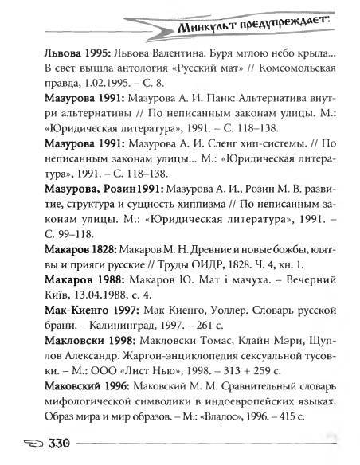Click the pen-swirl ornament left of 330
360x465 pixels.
pos(27,444)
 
